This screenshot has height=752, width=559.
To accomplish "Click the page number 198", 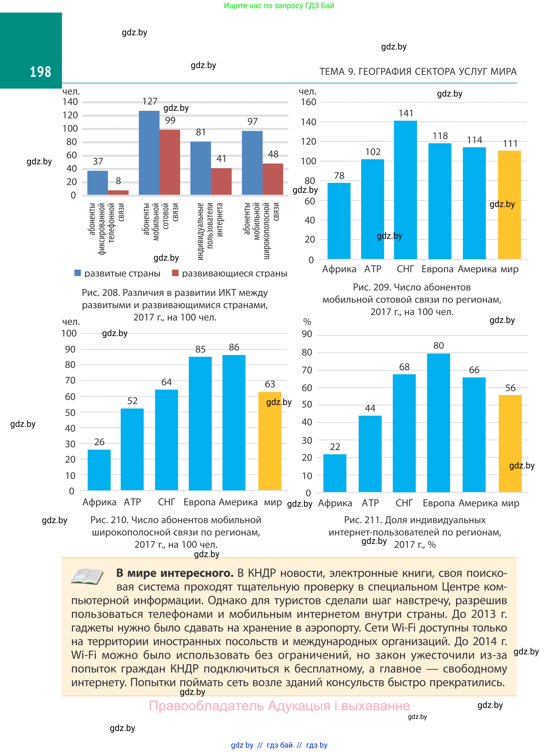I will pyautogui.click(x=40, y=72).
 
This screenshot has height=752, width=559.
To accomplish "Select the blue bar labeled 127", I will pyautogui.click(x=149, y=153).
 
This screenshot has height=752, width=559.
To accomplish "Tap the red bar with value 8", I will pyautogui.click(x=118, y=193).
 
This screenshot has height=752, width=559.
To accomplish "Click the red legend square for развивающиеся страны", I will pyautogui.click(x=175, y=273).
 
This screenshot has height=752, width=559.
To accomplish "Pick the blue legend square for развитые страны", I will pyautogui.click(x=78, y=273).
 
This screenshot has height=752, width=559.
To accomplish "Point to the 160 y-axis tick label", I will pyautogui.click(x=308, y=102).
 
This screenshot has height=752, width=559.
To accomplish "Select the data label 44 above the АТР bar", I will pyautogui.click(x=370, y=408).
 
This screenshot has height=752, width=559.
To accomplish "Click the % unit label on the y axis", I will pyautogui.click(x=307, y=322).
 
